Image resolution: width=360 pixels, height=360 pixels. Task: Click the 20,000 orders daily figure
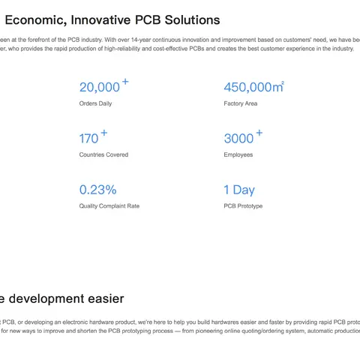click(100, 88)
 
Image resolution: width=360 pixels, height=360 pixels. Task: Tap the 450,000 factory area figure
click(253, 87)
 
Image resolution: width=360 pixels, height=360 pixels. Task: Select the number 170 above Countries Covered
click(88, 139)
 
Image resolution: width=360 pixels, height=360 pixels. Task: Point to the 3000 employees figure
click(238, 139)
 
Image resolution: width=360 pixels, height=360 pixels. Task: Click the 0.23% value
click(98, 190)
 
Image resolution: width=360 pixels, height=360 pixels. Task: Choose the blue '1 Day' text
click(239, 190)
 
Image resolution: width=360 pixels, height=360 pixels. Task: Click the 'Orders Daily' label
click(95, 103)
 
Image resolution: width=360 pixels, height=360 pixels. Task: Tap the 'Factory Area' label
click(241, 103)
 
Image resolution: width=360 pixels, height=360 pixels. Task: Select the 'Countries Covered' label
click(103, 154)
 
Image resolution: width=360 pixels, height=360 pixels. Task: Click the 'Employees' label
click(238, 154)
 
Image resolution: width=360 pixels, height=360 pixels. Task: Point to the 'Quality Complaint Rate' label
click(109, 206)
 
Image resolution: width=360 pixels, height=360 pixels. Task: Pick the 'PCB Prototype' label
click(243, 206)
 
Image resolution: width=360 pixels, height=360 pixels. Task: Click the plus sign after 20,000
click(125, 82)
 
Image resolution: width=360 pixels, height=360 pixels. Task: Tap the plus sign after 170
click(104, 133)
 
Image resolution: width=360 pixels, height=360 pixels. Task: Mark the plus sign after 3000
click(259, 133)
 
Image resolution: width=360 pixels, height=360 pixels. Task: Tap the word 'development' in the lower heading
click(46, 299)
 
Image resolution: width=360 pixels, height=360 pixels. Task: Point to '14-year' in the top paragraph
click(141, 40)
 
